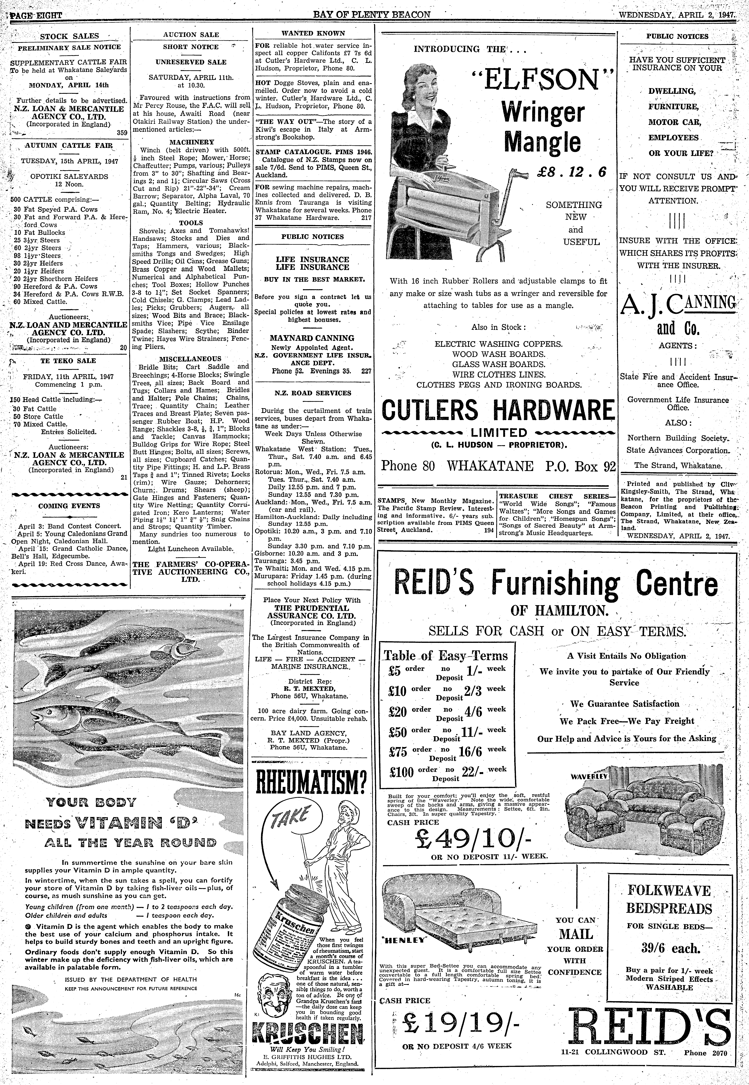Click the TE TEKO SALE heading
click(x=68, y=361)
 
